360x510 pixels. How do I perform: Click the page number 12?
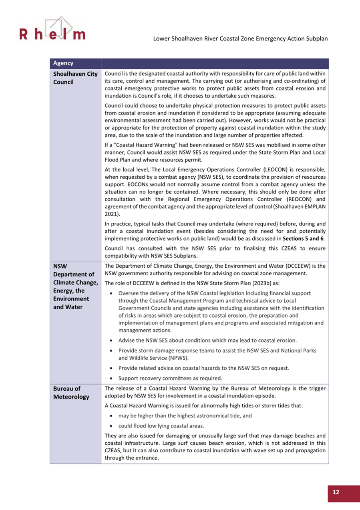[336, 492]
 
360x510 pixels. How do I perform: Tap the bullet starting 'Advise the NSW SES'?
[207, 341]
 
